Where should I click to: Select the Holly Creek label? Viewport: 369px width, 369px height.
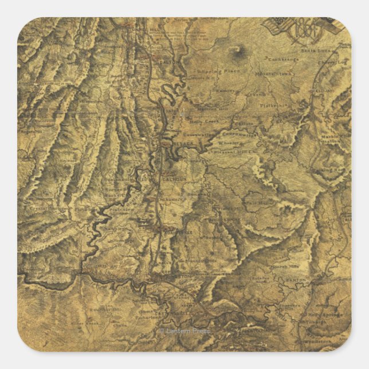[x=205, y=121]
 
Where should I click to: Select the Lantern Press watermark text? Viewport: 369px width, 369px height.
[x=185, y=331]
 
